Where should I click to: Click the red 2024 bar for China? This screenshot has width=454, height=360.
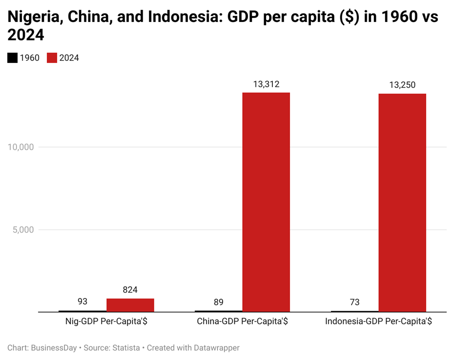(x=266, y=202)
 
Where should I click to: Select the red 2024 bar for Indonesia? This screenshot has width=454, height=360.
(x=402, y=202)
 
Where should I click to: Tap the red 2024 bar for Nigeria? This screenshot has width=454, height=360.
(x=130, y=305)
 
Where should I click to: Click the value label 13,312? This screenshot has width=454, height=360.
(x=266, y=84)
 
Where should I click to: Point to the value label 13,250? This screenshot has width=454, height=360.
(x=402, y=85)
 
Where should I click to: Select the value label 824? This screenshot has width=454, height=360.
(x=130, y=290)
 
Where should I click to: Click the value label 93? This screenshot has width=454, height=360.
(x=83, y=302)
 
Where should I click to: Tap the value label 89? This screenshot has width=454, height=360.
(x=218, y=302)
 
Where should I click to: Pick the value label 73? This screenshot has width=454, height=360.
(x=354, y=302)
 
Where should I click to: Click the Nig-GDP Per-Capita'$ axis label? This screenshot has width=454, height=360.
(x=106, y=322)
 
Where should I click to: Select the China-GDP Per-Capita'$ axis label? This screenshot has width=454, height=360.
(x=242, y=322)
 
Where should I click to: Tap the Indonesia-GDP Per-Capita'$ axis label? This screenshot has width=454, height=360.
(x=378, y=322)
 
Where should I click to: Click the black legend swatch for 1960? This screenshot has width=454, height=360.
(x=12, y=58)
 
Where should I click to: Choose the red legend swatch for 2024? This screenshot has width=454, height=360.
(x=52, y=58)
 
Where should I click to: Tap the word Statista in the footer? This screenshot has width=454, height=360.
(x=124, y=348)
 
